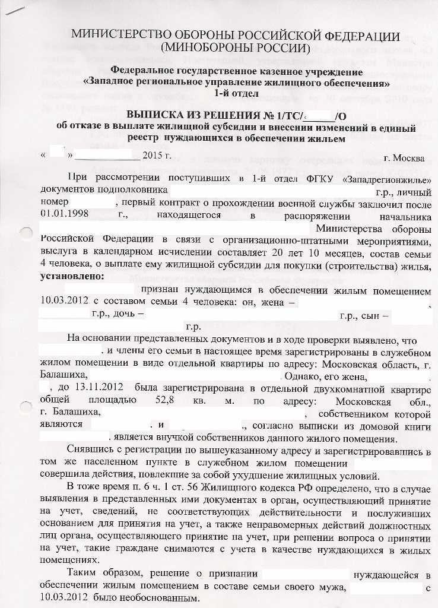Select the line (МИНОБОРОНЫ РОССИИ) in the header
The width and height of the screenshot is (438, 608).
236,47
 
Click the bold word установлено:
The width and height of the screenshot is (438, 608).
71,277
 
